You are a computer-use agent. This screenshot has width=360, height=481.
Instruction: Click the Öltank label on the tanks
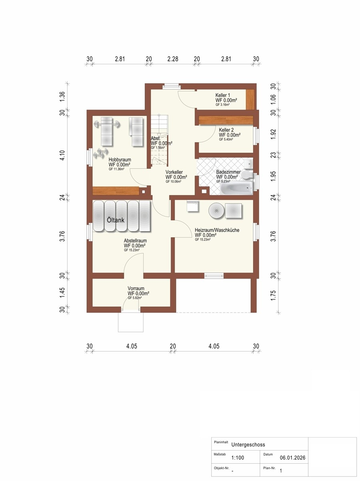116,220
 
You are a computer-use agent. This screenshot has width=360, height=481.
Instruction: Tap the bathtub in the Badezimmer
236,189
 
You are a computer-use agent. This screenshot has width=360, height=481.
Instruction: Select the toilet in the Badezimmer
247,175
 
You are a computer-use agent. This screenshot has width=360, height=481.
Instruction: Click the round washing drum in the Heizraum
216,210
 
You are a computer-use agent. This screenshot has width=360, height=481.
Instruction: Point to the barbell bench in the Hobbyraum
107,131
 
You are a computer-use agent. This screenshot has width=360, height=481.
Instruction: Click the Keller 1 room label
223,95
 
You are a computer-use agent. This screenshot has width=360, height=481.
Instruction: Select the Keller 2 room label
226,130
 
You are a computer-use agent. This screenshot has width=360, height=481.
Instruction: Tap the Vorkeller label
174,172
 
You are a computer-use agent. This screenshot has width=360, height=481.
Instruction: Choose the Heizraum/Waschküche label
217,230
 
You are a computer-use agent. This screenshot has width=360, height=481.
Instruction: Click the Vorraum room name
136,288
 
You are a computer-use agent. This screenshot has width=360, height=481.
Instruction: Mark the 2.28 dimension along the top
173,59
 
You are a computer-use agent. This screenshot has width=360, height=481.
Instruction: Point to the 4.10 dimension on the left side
62,155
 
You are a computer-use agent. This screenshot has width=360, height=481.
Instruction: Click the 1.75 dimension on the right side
273,295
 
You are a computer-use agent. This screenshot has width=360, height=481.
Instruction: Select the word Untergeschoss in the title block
248,445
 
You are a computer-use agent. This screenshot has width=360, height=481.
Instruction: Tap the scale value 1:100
238,458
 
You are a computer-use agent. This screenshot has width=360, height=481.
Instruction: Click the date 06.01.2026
293,458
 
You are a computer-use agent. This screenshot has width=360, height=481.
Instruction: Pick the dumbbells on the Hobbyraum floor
101,153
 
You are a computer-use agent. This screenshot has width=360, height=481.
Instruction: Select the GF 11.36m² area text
117,169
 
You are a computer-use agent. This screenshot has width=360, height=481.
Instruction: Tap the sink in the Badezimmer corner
249,163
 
